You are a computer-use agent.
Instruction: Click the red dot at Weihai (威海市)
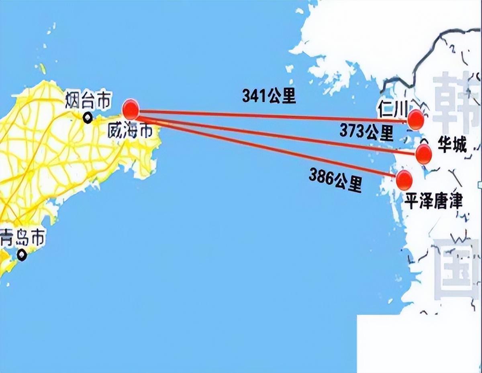pos(131,109)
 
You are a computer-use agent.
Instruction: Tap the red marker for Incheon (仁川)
pos(415,120)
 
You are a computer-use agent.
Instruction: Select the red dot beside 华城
pos(424,154)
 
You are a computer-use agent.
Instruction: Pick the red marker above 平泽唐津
pos(404,180)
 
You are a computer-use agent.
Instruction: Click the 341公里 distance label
pos(269,96)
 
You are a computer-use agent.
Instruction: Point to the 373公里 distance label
pos(366,132)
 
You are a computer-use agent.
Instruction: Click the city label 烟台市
pos(87,100)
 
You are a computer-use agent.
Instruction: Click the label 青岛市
pos(22,238)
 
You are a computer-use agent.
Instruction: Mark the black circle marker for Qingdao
pos(22,255)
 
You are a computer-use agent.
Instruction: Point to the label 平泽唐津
pos(433,201)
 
